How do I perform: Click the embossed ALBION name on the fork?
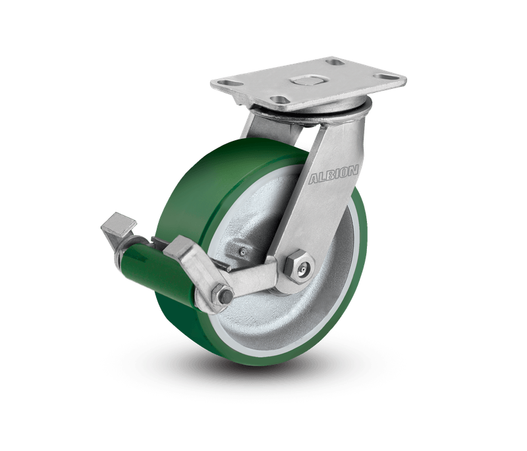pyautogui.click(x=333, y=174)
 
